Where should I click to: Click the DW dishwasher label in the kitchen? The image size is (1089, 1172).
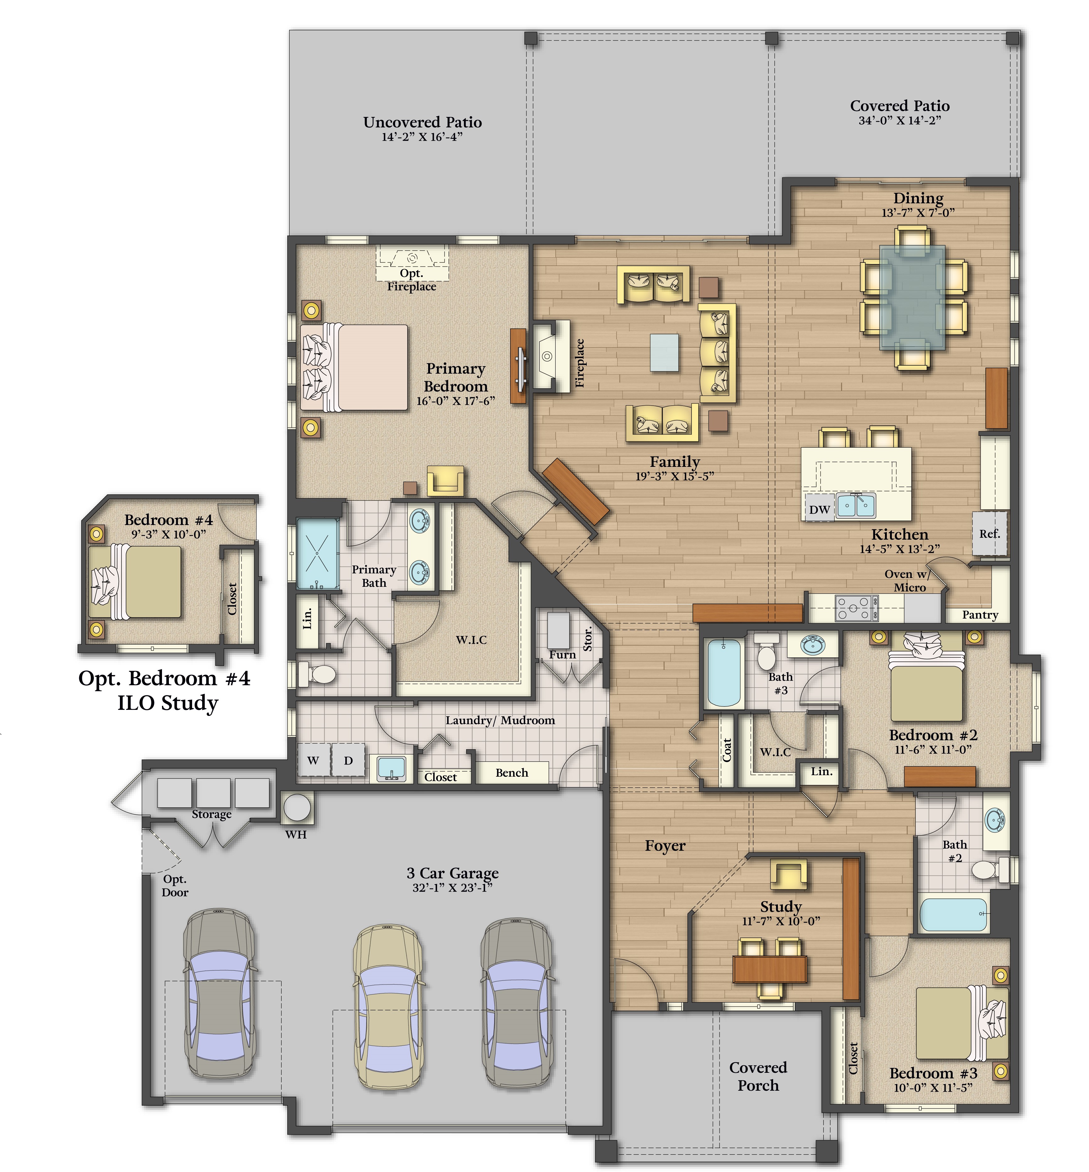tap(819, 510)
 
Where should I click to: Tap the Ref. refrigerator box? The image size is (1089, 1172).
tap(989, 533)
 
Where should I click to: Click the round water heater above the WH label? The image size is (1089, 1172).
tap(297, 807)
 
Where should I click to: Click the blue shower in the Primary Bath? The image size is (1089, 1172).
tap(318, 554)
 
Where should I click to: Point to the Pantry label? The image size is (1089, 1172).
tap(980, 615)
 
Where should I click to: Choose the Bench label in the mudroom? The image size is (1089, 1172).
tap(511, 773)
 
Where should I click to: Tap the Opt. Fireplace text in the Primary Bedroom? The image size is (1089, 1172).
tap(411, 280)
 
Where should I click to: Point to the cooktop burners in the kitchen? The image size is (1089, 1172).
tap(856, 608)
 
